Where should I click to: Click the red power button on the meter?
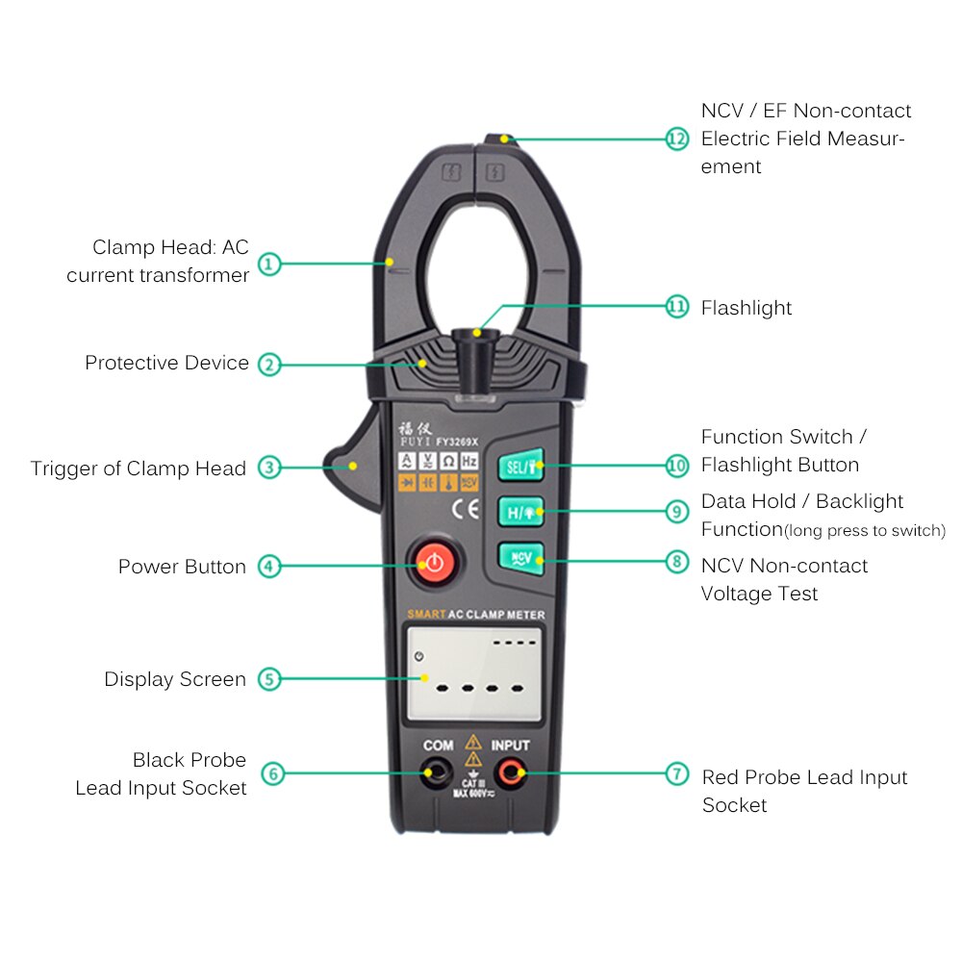(x=434, y=562)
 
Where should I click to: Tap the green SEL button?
(x=520, y=466)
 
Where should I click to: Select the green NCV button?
(x=520, y=558)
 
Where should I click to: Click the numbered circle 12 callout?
(x=677, y=139)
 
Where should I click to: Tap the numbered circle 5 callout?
(x=269, y=679)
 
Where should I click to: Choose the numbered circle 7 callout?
(x=677, y=773)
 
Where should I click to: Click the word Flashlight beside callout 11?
(x=747, y=308)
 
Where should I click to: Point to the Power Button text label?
(x=182, y=567)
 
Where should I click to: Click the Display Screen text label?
(x=175, y=679)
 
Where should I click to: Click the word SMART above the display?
(x=424, y=614)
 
